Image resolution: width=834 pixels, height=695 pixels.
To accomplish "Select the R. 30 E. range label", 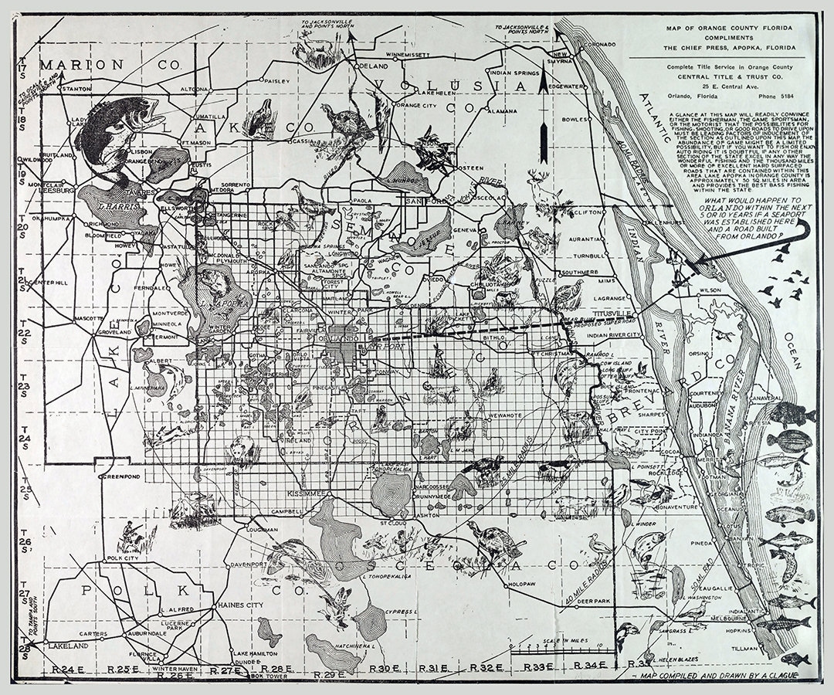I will click(x=384, y=668).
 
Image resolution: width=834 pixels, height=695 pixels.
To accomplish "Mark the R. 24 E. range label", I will click(x=66, y=668).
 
